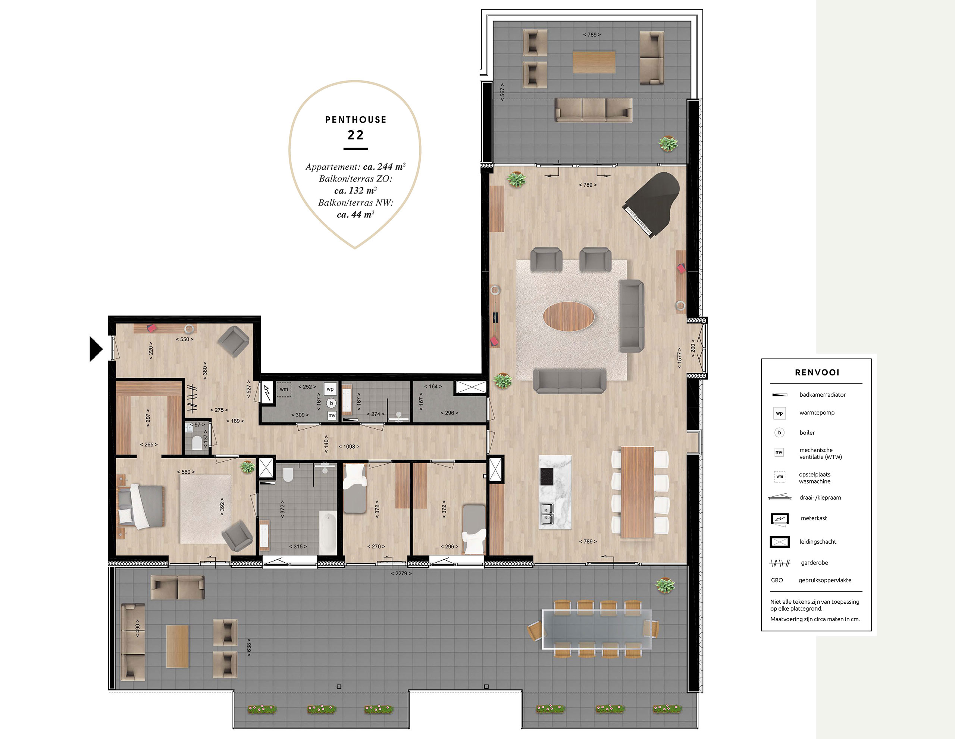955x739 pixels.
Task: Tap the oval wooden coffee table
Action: [x=569, y=316]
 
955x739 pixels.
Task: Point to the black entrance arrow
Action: [x=96, y=349]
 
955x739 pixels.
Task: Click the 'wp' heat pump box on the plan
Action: [x=330, y=389]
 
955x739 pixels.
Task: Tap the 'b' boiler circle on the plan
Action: [x=331, y=403]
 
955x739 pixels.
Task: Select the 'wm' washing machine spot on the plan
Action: [x=284, y=389]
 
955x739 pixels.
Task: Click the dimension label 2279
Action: [x=401, y=573]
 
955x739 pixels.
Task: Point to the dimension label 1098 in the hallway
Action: [x=349, y=447]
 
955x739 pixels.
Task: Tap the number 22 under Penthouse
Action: [x=356, y=135]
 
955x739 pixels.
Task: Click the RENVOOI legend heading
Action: [x=817, y=372]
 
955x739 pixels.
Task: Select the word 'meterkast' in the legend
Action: [x=814, y=518]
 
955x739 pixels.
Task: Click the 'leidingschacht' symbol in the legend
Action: [x=780, y=542]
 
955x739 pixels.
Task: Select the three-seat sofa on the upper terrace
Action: [x=594, y=110]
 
